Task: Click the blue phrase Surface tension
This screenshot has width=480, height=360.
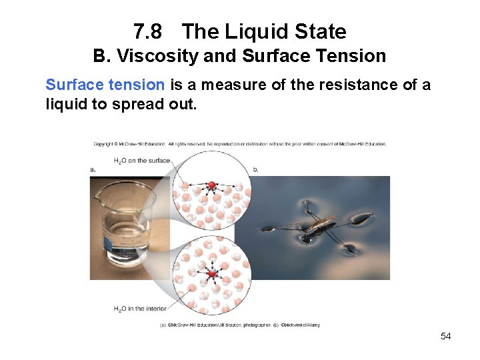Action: pyautogui.click(x=105, y=85)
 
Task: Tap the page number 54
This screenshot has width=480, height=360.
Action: pyautogui.click(x=445, y=336)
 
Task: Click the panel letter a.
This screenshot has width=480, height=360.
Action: pyautogui.click(x=93, y=169)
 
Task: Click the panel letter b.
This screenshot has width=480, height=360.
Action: pyautogui.click(x=256, y=169)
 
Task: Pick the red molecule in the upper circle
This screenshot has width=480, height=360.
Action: pyautogui.click(x=212, y=185)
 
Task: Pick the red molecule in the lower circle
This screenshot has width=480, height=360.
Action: pyautogui.click(x=212, y=273)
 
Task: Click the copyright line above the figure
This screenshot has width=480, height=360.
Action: pyautogui.click(x=239, y=143)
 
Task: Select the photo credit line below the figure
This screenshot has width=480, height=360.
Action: pyautogui.click(x=239, y=325)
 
